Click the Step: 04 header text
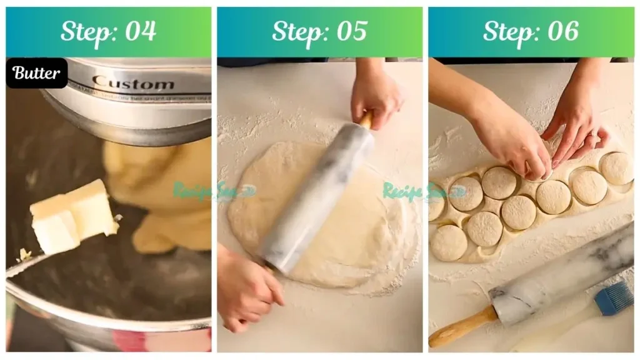coord(108,31)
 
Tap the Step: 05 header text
coord(319,31)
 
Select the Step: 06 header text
coord(531,31)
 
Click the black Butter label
coord(37,73)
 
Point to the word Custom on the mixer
coord(133,83)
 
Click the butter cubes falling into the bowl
coord(72,216)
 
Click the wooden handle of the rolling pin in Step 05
coord(366,119)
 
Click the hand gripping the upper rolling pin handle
coord(375,94)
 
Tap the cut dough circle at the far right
coord(616,167)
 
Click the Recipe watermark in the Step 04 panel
coord(200,190)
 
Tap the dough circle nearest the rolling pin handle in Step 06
coord(449,243)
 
